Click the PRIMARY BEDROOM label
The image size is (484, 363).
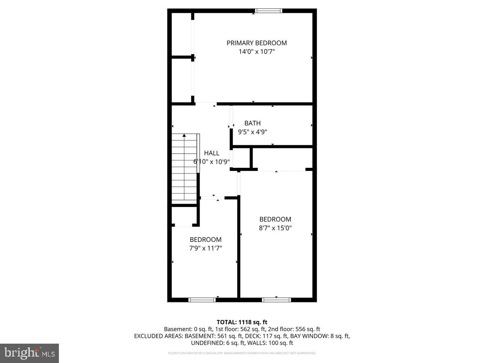click(x=257, y=43)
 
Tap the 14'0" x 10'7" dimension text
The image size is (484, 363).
click(x=257, y=52)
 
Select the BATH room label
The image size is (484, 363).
click(x=252, y=123)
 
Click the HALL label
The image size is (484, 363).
click(x=212, y=153)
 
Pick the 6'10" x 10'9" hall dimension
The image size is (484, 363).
click(x=212, y=162)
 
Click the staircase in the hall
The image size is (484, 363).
click(x=185, y=169)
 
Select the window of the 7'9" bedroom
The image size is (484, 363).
click(x=202, y=300)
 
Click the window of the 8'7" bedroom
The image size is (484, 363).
click(x=276, y=300)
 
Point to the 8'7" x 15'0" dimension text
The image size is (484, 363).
click(x=275, y=228)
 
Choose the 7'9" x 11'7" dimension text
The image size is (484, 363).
click(x=206, y=248)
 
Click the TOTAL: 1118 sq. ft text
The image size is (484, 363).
click(x=242, y=322)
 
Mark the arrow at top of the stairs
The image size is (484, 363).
click(x=184, y=136)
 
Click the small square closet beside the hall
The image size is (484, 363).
click(x=241, y=158)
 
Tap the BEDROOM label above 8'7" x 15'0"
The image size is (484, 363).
click(x=275, y=219)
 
